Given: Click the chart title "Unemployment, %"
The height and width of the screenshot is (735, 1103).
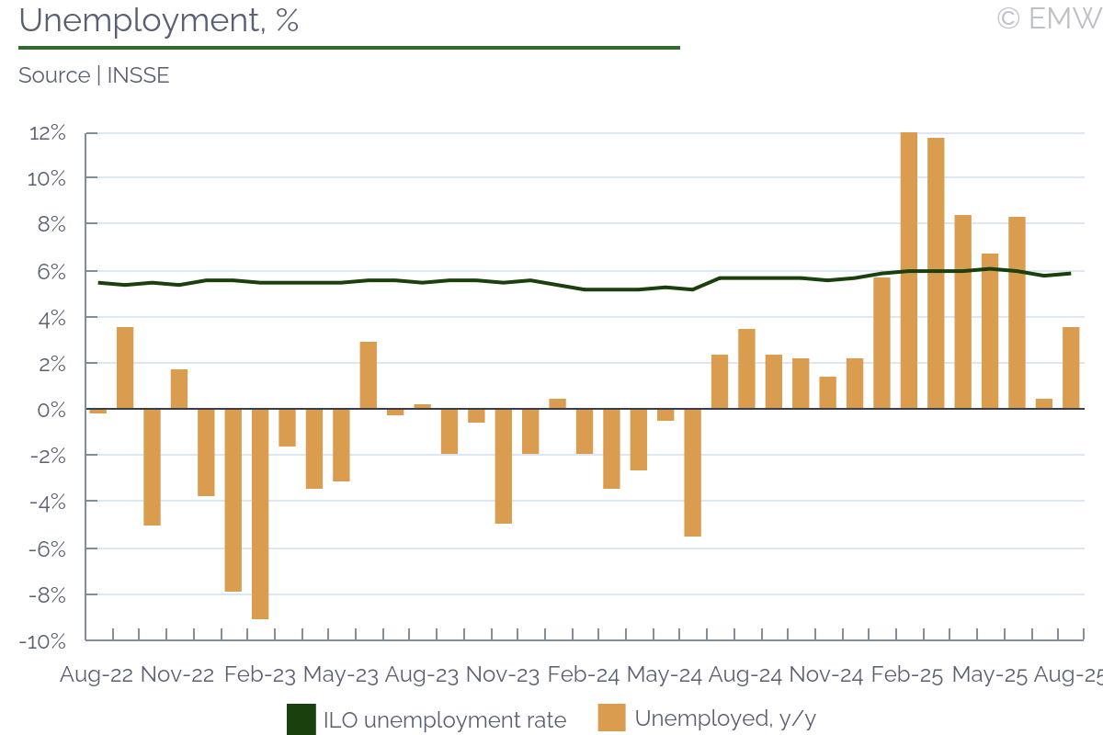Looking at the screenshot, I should [158, 20].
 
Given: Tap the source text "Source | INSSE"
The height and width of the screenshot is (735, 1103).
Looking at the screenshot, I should [94, 75].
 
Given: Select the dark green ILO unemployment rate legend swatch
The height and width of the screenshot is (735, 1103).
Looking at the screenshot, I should [301, 719].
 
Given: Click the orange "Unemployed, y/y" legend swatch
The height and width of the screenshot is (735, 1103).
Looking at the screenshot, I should [611, 718].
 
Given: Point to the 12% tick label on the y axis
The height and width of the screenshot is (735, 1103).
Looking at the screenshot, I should [48, 133].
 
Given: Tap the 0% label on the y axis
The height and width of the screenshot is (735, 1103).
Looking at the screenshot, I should [52, 410].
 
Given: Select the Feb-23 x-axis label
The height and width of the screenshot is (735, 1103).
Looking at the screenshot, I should [260, 675].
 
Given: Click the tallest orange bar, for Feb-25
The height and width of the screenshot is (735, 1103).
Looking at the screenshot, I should [909, 271].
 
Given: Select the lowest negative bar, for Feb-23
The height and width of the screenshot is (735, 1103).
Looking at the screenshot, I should [260, 514].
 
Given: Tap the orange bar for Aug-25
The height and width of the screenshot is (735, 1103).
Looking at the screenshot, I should [1071, 367].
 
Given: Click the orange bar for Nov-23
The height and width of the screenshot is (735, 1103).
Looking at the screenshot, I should [504, 466].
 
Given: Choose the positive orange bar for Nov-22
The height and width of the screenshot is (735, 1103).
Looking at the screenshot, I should [179, 389].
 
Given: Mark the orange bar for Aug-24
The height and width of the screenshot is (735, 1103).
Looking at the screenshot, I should [720, 381].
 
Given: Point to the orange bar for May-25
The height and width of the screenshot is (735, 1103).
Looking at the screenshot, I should [990, 331].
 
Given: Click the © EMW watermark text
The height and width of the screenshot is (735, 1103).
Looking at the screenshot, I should [1048, 18].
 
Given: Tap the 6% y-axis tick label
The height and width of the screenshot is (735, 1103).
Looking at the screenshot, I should [52, 272].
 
